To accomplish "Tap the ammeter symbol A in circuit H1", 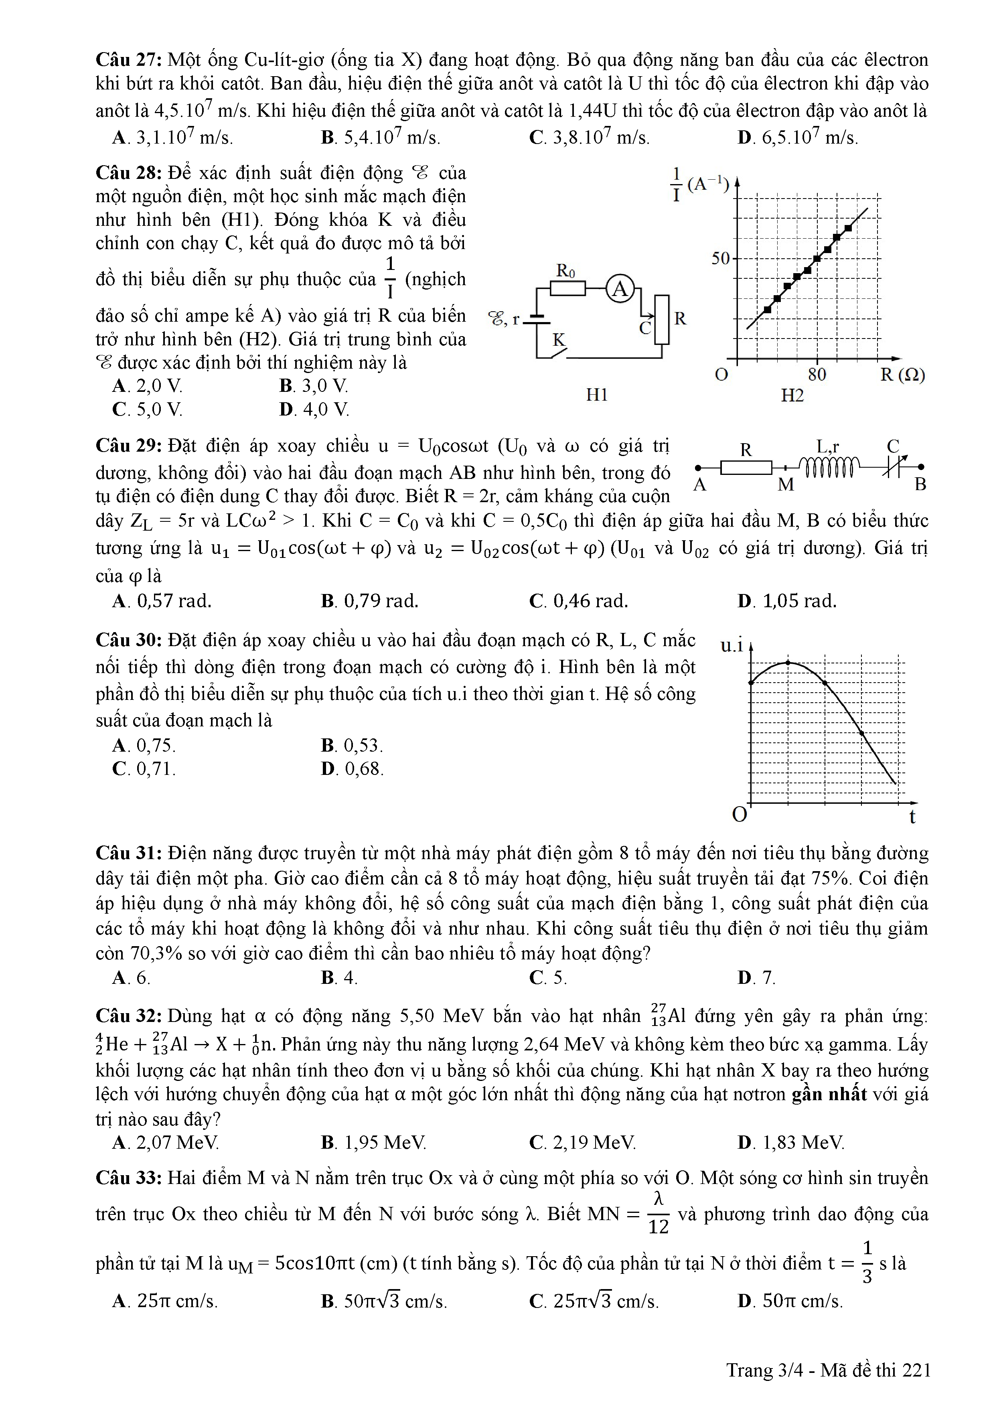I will [620, 289].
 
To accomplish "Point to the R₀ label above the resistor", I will [565, 270].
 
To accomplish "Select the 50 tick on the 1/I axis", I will [721, 258].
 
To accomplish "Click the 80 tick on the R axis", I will [817, 375].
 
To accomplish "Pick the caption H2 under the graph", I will [792, 395].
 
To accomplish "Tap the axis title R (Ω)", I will [902, 375].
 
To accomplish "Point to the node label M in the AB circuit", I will [786, 485].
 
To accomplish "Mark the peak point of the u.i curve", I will [788, 663].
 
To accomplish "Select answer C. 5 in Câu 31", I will [548, 977].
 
